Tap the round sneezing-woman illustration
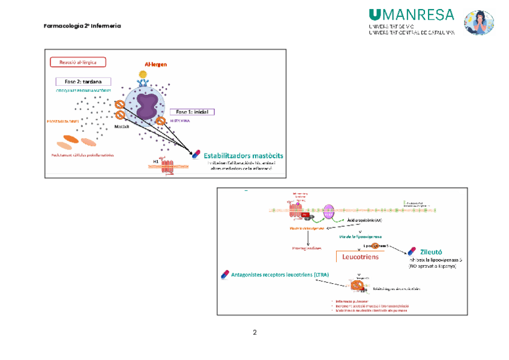pyautogui.click(x=478, y=23)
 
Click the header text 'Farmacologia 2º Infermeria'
pyautogui.click(x=82, y=26)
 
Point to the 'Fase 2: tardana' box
pyautogui.click(x=83, y=82)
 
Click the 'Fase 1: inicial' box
pyautogui.click(x=192, y=112)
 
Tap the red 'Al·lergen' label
pyautogui.click(x=155, y=64)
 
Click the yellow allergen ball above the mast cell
pyautogui.click(x=143, y=74)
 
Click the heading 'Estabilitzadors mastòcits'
pyautogui.click(x=243, y=156)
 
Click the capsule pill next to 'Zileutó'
pyautogui.click(x=412, y=251)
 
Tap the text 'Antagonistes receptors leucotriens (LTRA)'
pyautogui.click(x=278, y=275)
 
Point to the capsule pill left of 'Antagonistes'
pyautogui.click(x=225, y=274)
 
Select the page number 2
pyautogui.click(x=254, y=333)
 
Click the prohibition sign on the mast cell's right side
pyautogui.click(x=161, y=121)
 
